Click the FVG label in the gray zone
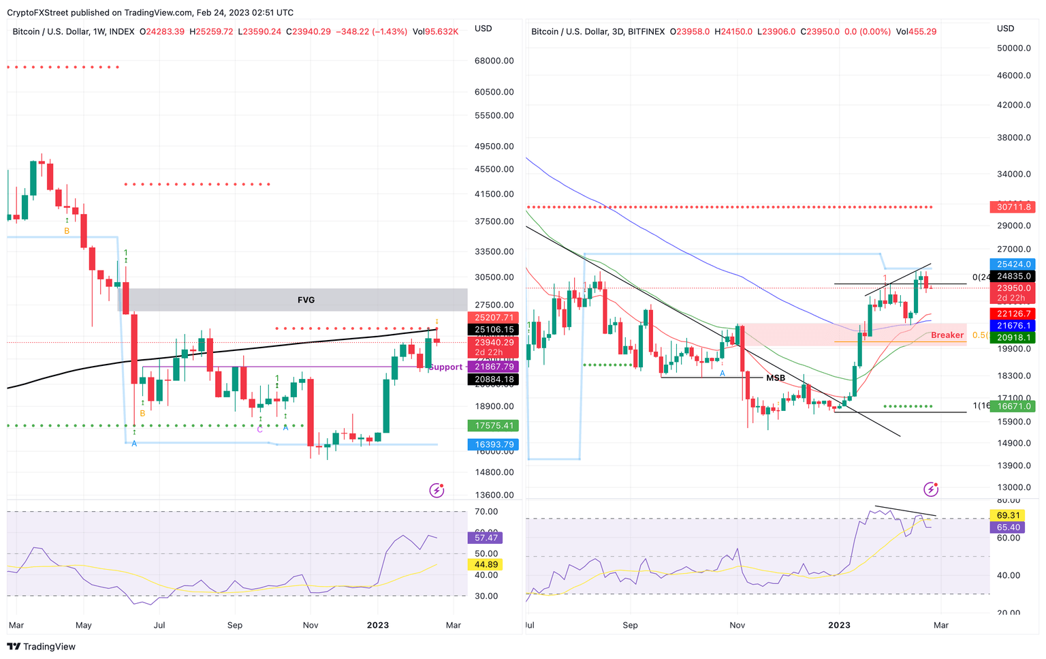(306, 300)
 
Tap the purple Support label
(445, 367)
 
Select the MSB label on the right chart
(776, 378)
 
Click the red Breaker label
(947, 335)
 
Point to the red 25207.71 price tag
(494, 318)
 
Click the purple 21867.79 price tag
(494, 367)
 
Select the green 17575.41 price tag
(494, 425)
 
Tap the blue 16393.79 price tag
(494, 444)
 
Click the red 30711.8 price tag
(1014, 206)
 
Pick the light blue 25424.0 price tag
(1014, 264)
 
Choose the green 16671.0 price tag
(1014, 406)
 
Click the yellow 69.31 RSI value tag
(1008, 515)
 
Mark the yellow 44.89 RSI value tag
(486, 564)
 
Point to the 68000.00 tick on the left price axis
(494, 61)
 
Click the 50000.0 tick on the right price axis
(1014, 48)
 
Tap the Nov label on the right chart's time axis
(737, 625)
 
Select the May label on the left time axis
(83, 625)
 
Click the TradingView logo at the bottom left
(42, 647)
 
